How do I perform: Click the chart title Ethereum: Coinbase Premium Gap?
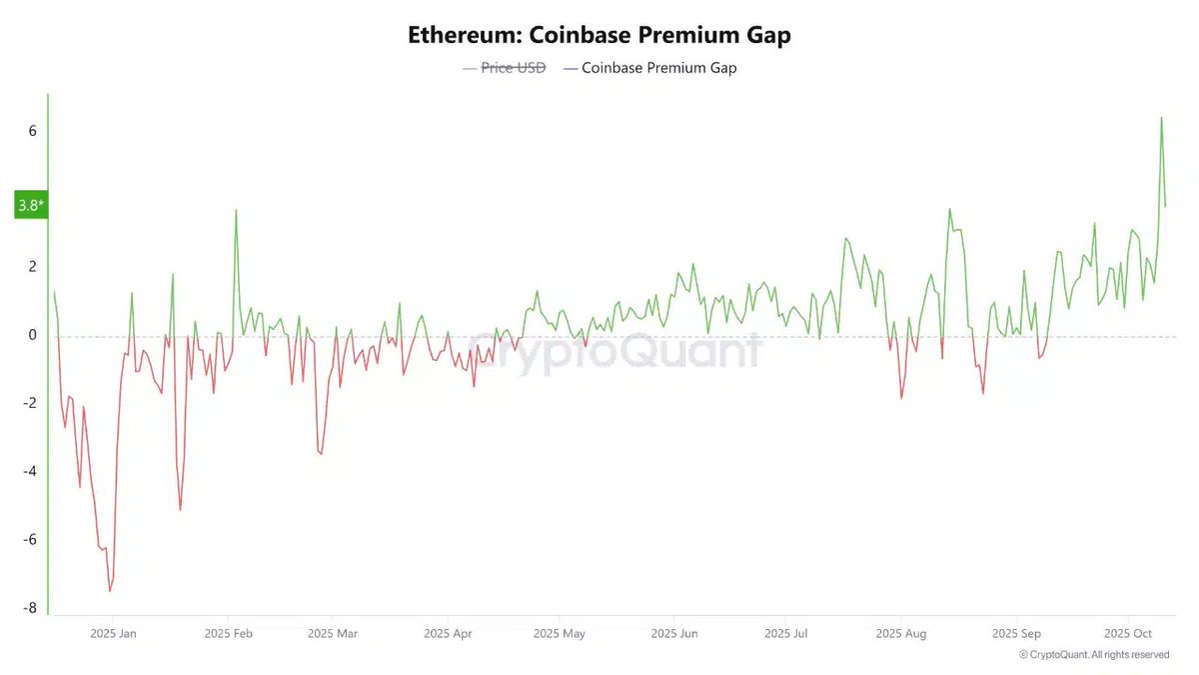(599, 35)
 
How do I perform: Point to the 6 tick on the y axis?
(33, 131)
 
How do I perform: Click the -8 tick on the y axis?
(31, 608)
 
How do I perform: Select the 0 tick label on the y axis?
(33, 335)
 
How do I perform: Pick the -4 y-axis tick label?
(31, 471)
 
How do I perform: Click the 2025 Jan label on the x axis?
(114, 633)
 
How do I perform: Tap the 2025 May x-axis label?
(560, 633)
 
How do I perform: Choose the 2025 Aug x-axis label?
(900, 633)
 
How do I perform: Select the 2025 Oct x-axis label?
(1128, 633)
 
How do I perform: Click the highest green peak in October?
(1161, 118)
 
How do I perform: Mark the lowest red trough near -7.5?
(110, 591)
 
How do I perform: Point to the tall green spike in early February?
(236, 210)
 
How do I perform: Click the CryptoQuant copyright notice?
(1094, 654)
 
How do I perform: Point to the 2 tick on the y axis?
(33, 267)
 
